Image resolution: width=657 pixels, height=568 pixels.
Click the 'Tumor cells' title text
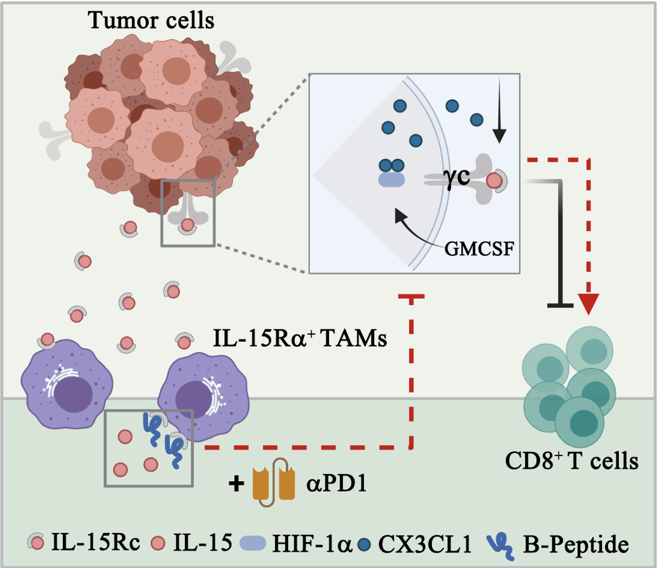point(151,20)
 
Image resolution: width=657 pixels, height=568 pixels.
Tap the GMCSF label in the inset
point(479,248)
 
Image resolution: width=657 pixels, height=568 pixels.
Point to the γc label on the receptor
point(456,177)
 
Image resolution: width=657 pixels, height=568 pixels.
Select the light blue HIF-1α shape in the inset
point(391,180)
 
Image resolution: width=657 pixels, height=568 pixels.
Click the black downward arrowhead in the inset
point(499,136)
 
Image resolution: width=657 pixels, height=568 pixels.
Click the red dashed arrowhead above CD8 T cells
point(588,304)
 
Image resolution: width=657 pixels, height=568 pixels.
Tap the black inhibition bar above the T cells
point(561,306)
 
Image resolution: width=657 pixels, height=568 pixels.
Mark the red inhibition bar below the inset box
point(411,296)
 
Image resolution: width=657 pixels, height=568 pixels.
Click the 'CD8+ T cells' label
point(571,461)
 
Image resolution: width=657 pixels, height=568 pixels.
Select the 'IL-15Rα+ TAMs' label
point(300,338)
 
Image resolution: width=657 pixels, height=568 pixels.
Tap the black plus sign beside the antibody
point(237,484)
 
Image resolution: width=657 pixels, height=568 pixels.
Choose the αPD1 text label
point(337,483)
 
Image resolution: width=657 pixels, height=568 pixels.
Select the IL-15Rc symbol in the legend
point(36,542)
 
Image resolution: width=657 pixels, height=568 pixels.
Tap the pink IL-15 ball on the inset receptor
point(494,181)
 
